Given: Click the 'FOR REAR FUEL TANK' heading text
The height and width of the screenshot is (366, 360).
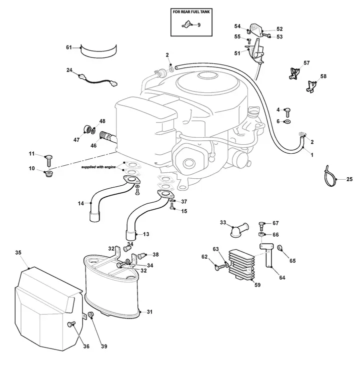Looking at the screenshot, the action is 191,11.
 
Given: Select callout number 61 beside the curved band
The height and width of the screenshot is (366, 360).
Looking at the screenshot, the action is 68,47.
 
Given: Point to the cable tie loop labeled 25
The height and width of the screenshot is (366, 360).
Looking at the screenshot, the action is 330,177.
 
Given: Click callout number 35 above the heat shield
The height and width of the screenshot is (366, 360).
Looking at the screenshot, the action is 18,253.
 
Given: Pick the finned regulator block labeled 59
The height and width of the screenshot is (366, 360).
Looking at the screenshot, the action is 241,265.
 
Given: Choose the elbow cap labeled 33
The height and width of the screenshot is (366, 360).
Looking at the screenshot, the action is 239,230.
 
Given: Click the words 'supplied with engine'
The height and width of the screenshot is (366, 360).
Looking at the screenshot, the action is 98,167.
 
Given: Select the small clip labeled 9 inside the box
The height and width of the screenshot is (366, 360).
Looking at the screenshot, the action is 187,24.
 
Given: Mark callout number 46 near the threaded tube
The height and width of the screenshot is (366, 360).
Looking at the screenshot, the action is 93,145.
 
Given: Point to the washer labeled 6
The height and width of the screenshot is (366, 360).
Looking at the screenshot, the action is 287,122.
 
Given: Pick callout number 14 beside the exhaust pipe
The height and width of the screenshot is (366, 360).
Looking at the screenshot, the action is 80,204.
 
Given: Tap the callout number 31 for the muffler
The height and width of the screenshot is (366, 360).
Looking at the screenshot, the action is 149,312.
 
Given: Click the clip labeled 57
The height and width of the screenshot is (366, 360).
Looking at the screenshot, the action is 294,73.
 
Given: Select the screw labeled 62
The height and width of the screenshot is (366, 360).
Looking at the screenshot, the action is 219,268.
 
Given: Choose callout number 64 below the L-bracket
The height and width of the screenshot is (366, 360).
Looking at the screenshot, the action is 282,278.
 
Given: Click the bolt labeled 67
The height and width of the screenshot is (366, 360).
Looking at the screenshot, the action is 262,226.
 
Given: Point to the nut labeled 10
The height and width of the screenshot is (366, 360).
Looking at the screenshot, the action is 48,174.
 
